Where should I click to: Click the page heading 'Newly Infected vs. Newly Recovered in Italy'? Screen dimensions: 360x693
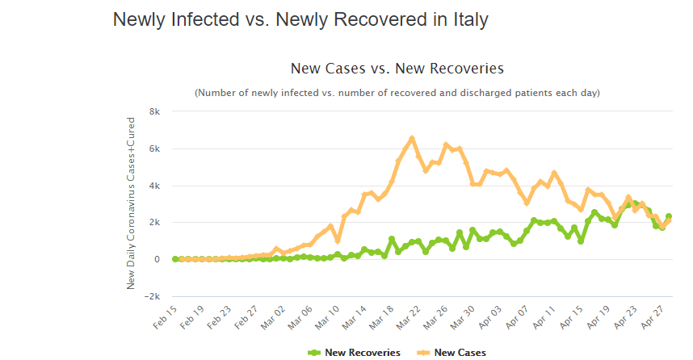tap(300, 19)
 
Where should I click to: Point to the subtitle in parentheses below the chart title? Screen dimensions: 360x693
tap(397, 93)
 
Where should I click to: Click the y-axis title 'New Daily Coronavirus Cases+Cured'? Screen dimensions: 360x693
tap(131, 203)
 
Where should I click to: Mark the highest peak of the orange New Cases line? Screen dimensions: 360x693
tap(412, 139)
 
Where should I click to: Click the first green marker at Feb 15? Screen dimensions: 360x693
tap(175, 259)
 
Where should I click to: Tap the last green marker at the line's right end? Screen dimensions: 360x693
tap(669, 216)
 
